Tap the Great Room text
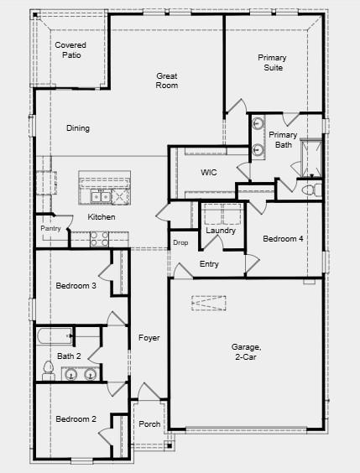click(x=167, y=81)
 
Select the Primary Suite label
click(x=271, y=62)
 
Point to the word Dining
click(x=78, y=128)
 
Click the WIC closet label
click(x=209, y=172)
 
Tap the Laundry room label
click(x=221, y=231)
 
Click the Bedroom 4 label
click(x=283, y=239)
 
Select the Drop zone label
click(x=180, y=243)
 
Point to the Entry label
click(x=210, y=265)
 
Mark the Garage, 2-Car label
click(x=247, y=352)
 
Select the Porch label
click(x=149, y=424)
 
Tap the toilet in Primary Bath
click(x=310, y=190)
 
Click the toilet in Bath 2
click(x=47, y=376)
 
